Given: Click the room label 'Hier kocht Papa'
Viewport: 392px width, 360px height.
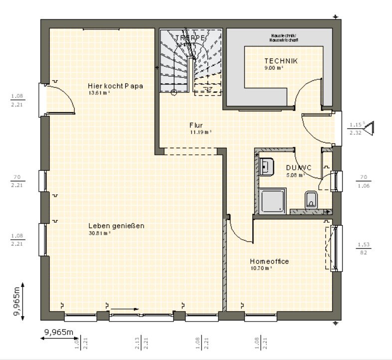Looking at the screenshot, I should tap(115, 86).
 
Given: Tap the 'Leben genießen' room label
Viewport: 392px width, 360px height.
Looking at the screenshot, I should tap(116, 226).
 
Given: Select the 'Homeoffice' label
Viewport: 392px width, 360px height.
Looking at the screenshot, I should tap(269, 261).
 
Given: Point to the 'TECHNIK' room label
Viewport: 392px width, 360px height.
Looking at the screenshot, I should tap(281, 61).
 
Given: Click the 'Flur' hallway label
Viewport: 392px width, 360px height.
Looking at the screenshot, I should tap(196, 125).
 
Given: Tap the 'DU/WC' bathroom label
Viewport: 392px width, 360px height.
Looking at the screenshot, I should tap(299, 168).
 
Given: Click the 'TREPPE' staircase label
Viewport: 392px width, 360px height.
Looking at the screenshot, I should tap(190, 37).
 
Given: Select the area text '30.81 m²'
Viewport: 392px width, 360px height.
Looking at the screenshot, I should tap(99, 233).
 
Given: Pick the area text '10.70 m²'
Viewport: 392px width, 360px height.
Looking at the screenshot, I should tap(261, 268).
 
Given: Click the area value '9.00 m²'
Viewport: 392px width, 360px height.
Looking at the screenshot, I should tap(273, 68).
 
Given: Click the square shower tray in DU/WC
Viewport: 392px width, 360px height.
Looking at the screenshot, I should tap(272, 201).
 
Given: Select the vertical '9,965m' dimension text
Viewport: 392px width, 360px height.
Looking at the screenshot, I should tap(18, 301).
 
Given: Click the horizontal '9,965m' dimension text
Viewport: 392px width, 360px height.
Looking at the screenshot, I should tap(59, 332).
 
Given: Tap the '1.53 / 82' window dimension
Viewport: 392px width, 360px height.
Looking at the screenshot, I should tap(363, 248).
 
